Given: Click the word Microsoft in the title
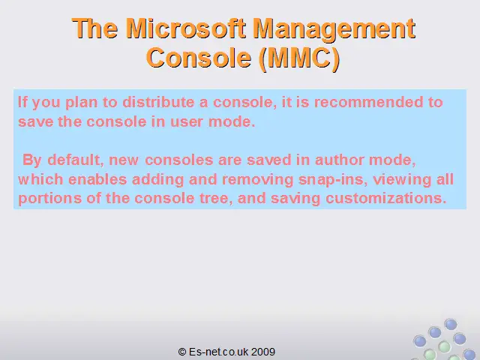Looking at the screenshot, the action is tap(185, 28).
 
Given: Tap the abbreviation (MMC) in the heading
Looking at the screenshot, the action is tap(299, 58).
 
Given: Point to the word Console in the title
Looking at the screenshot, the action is tap(199, 58).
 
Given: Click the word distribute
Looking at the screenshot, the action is tap(158, 102).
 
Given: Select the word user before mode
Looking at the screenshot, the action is tap(186, 122).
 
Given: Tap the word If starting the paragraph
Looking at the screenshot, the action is tap(22, 102).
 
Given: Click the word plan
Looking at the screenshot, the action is tap(81, 103).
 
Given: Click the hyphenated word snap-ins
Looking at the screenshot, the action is tap(333, 180).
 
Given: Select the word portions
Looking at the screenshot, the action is tap(50, 199).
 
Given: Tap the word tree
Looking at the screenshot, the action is tap(216, 198).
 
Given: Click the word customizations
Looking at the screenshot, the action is tap(385, 198).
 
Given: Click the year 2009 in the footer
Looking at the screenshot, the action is tap(263, 352).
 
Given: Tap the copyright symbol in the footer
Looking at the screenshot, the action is tap(181, 352).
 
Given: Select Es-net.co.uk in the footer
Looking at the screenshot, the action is tap(218, 352).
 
